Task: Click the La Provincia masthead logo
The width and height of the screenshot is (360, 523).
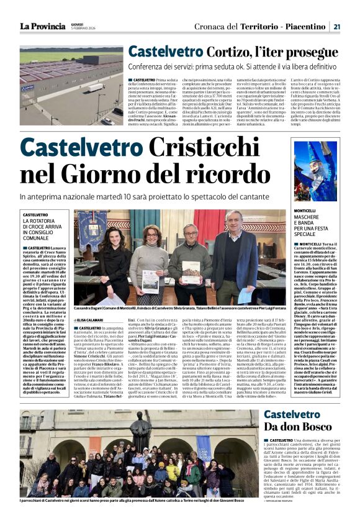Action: pos(42,26)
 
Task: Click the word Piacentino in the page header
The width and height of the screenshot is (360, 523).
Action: pos(305,26)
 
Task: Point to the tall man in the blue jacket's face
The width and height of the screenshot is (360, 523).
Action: pos(232,219)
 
